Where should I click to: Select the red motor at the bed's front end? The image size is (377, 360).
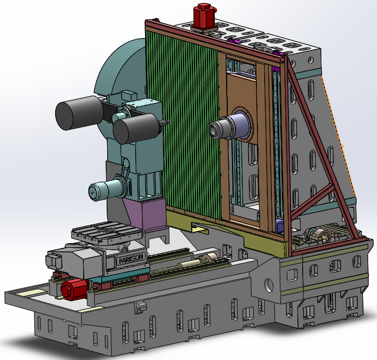74,289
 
